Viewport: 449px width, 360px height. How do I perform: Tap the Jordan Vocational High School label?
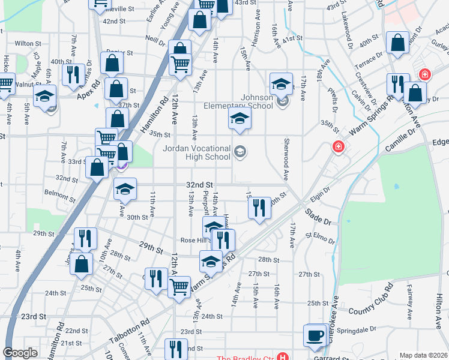click(x=197, y=152)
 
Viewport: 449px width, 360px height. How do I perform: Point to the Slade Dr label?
click(x=318, y=217)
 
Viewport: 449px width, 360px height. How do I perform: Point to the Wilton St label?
click(x=28, y=44)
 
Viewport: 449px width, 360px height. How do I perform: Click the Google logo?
click(x=20, y=353)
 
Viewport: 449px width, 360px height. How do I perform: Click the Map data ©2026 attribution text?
click(x=423, y=355)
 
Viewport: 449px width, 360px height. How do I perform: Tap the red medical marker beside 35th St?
click(x=339, y=146)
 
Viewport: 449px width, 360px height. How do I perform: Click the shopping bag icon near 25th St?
click(x=81, y=263)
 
